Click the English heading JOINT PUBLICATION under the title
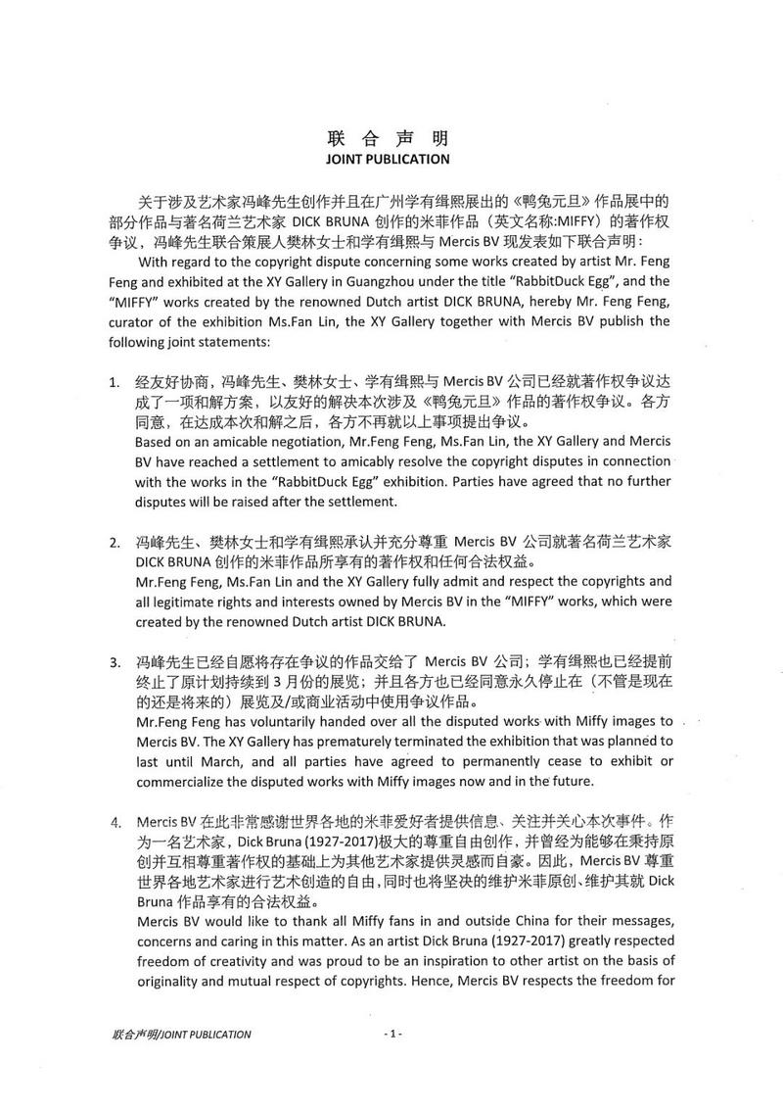pos(389,159)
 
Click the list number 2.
pos(114,542)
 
